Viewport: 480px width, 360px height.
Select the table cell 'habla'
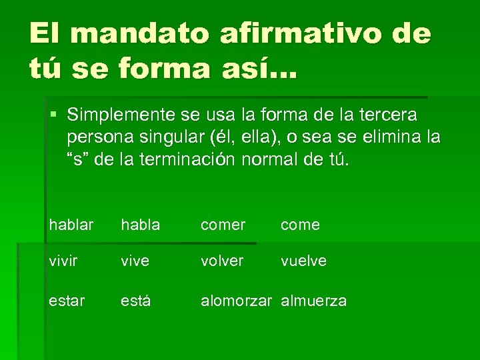coord(141,225)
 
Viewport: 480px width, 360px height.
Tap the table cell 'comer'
coord(223,225)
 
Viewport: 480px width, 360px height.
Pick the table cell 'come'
coord(300,225)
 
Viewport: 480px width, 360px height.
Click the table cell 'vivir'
coord(64,261)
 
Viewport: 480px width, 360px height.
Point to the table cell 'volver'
coord(223,261)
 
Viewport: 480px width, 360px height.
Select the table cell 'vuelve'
coord(303,261)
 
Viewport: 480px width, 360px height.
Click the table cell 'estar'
coord(67,301)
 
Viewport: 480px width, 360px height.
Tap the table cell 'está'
coord(135,301)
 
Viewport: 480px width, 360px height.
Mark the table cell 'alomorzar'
coord(237,301)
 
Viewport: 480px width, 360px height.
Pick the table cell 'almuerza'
coord(313,301)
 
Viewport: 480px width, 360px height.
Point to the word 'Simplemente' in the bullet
coord(123,115)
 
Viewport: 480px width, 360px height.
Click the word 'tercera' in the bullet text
coord(389,115)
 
